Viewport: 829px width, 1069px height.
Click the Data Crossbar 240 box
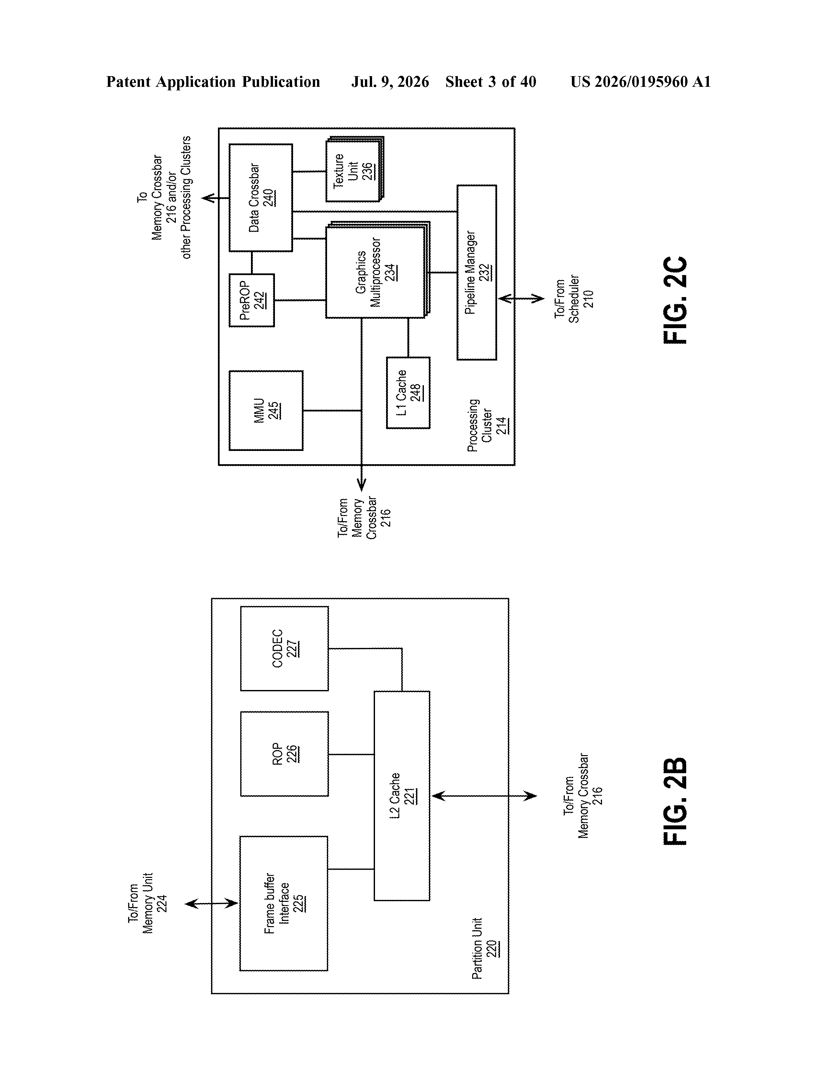(261, 198)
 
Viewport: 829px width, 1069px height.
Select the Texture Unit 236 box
(355, 169)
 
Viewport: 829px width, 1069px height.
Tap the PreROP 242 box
(252, 300)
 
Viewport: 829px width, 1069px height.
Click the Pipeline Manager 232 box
(477, 273)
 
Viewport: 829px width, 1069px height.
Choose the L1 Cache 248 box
(408, 393)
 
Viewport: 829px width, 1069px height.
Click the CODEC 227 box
(284, 649)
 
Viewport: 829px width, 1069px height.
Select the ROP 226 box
(284, 754)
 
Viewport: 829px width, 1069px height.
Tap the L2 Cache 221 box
(402, 796)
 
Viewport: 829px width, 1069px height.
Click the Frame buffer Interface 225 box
(283, 903)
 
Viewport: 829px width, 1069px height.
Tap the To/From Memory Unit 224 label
(148, 903)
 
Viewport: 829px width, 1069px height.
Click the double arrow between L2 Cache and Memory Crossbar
(484, 796)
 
